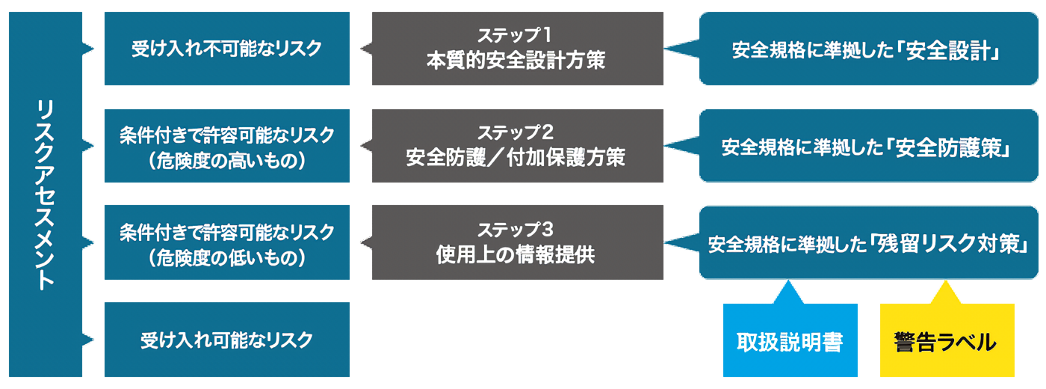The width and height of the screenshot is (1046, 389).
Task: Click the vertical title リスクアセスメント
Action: point(45,194)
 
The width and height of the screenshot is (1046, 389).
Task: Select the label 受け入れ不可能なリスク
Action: point(226,49)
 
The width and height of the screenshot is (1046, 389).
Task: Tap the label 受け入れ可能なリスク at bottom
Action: point(226,340)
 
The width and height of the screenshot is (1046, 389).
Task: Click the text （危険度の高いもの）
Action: point(226,160)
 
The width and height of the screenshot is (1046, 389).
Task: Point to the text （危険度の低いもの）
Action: point(226,257)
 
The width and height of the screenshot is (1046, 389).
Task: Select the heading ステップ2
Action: point(516,132)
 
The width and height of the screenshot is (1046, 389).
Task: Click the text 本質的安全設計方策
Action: point(516,61)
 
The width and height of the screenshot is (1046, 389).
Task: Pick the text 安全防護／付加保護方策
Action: point(516,158)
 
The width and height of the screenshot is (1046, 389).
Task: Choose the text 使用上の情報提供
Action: point(516,254)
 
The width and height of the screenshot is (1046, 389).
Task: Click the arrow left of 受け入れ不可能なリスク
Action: point(90,49)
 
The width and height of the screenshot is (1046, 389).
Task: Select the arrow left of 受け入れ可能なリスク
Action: point(90,340)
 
